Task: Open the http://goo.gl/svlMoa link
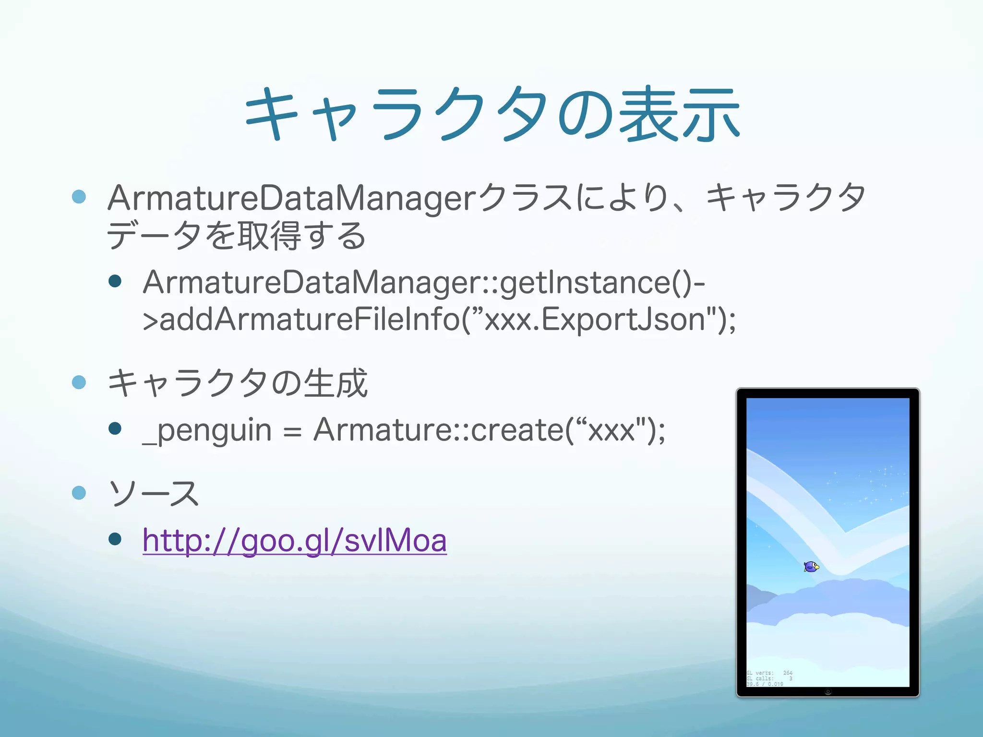tap(295, 540)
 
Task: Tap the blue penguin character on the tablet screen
tap(811, 567)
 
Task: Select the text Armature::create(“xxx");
tap(490, 430)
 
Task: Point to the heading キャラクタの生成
tap(237, 384)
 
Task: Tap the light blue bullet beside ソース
tap(79, 493)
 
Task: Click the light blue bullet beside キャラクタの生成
tap(79, 382)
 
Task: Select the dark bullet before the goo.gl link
tap(115, 539)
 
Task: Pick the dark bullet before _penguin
tap(115, 428)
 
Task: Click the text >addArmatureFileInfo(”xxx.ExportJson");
tap(439, 320)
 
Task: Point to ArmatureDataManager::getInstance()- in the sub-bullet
tap(424, 283)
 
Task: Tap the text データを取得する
tap(236, 236)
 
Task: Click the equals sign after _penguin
tap(292, 432)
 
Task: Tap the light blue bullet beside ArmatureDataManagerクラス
tap(79, 196)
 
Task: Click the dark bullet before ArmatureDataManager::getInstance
tap(115, 281)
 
